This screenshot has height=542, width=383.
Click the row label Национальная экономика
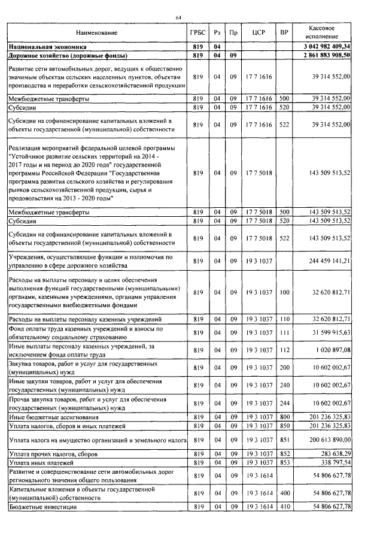click(47, 46)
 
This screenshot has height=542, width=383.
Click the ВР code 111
click(284, 332)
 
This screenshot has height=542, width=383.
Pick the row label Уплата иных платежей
click(41, 463)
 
